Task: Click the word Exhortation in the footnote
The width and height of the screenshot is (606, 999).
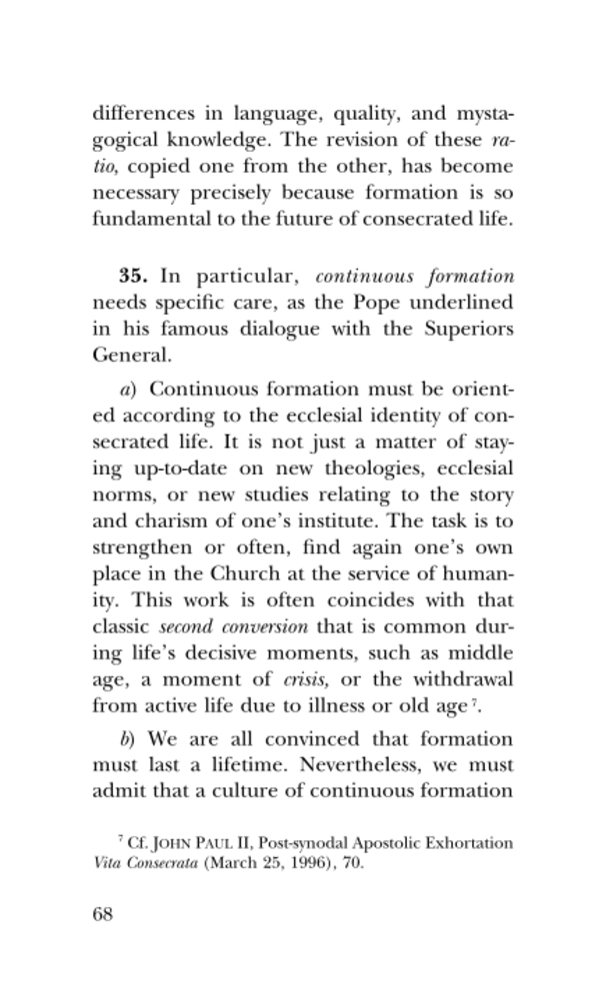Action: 471,843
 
